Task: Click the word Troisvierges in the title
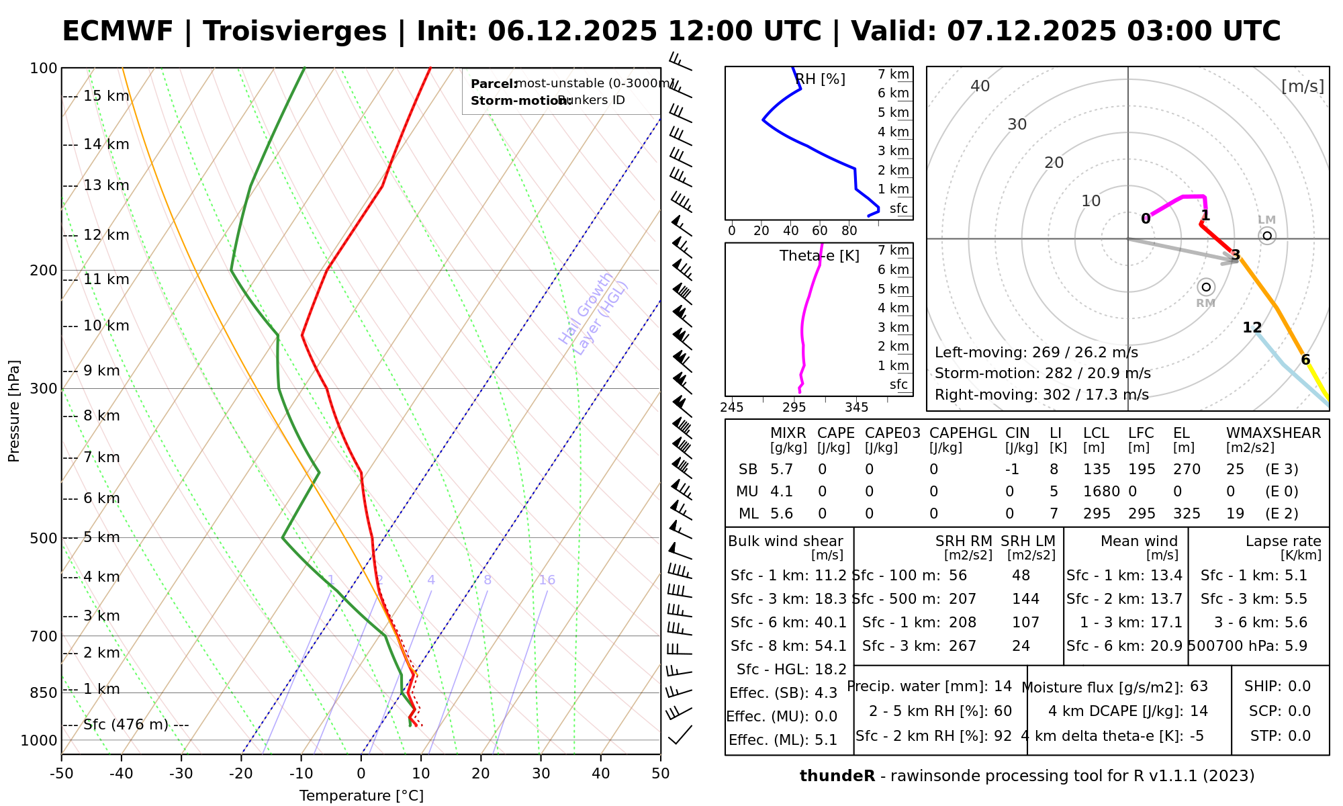coord(295,32)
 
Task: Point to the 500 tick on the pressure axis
coord(43,538)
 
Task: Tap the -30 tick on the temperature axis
coord(181,774)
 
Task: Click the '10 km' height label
coord(105,326)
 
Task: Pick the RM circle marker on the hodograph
coord(1206,287)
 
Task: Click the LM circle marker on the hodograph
coord(1266,235)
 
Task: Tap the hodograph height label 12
coord(1252,328)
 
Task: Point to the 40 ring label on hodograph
coord(980,86)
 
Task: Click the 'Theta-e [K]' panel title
coord(819,256)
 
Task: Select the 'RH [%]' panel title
coord(820,79)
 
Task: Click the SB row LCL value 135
coord(1097,469)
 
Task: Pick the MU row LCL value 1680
coord(1101,492)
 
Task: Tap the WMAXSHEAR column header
coord(1273,433)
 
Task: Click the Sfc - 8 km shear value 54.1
coord(830,646)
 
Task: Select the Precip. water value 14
coord(1003,686)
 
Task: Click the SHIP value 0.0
coord(1299,686)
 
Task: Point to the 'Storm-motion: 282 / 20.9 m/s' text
coord(1042,373)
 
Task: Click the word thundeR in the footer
coord(837,776)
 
